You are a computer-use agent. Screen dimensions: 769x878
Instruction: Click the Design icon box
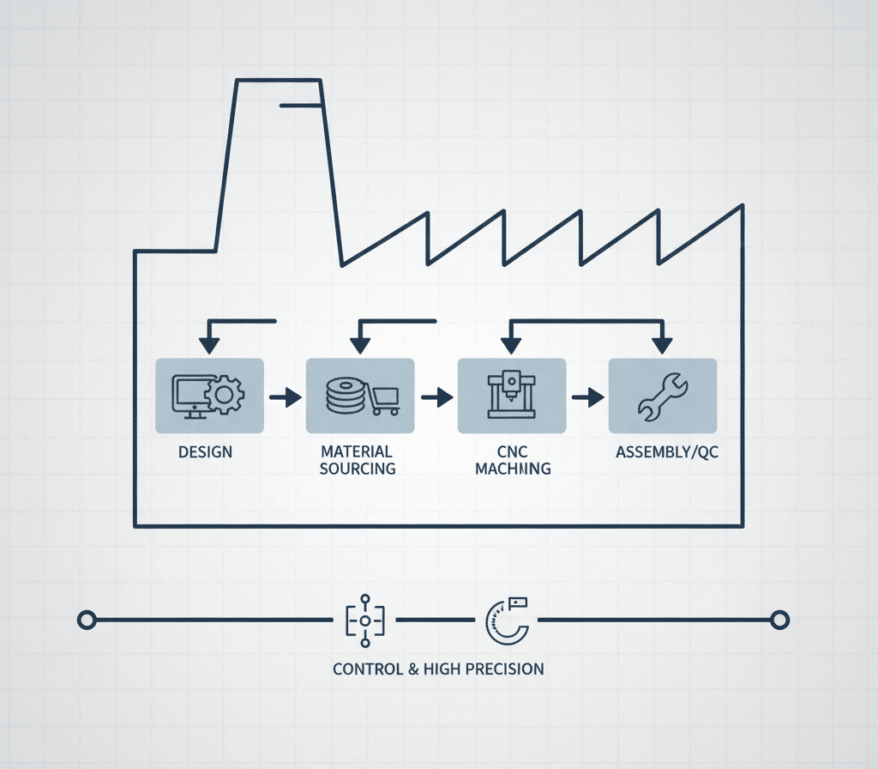210,396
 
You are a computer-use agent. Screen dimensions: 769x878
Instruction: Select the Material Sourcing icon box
360,396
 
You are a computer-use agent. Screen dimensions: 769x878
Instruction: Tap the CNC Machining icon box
512,396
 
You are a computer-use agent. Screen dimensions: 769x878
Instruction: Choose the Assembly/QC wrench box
662,396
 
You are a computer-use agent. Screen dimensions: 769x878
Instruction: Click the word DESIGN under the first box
205,451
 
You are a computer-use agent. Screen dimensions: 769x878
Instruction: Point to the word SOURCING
358,469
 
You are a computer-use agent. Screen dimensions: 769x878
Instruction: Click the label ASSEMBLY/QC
667,451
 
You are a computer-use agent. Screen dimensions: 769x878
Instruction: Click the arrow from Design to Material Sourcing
286,397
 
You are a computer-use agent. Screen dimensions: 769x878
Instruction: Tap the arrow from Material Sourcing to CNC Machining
437,397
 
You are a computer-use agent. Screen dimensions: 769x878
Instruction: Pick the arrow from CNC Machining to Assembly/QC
588,397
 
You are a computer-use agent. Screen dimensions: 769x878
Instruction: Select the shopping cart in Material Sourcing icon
385,399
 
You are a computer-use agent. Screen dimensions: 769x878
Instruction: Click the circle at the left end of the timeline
85,619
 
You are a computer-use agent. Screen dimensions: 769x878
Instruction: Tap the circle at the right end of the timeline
779,619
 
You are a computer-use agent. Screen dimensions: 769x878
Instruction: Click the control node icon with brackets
365,619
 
